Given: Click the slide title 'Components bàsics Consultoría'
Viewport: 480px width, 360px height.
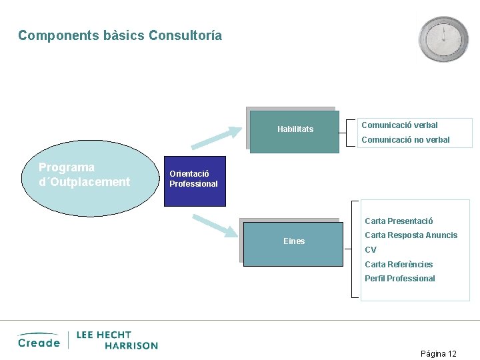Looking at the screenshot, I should click(x=120, y=35).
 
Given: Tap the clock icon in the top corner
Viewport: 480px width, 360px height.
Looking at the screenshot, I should click(x=443, y=39).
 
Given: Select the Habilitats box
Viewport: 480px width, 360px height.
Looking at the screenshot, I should click(x=295, y=130).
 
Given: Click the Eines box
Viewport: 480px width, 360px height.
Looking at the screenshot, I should click(x=293, y=241).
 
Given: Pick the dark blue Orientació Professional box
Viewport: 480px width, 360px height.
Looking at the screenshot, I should click(x=195, y=180).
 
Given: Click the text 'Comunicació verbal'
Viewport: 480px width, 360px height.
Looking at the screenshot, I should click(x=399, y=125).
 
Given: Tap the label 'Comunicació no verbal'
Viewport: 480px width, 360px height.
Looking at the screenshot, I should click(x=405, y=140).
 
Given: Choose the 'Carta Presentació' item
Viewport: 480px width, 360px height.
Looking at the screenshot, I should click(x=399, y=221).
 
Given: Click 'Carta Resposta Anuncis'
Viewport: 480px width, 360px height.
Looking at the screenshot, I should click(x=411, y=235).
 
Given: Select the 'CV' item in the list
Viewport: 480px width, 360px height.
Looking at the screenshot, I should click(x=371, y=250).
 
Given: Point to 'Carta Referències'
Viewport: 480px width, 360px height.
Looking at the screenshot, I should click(x=399, y=265).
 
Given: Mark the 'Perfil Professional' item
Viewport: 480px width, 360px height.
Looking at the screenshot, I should click(x=399, y=279).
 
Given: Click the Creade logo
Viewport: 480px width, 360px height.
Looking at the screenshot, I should click(x=39, y=341).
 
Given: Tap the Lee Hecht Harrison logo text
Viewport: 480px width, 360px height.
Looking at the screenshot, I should click(x=117, y=340).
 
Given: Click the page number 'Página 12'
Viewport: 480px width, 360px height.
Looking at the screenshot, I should click(x=438, y=353).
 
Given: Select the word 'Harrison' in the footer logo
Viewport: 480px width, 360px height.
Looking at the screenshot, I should click(x=131, y=345).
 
